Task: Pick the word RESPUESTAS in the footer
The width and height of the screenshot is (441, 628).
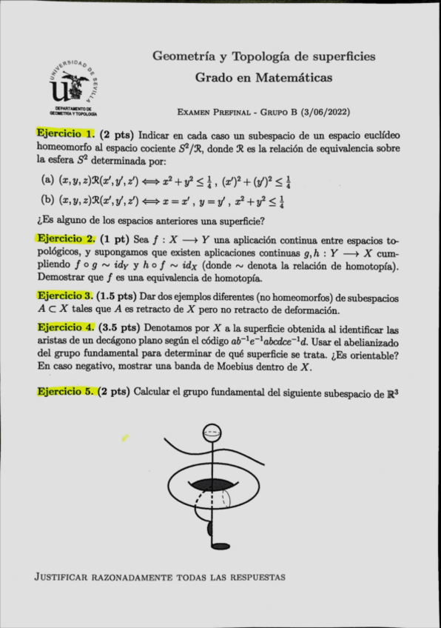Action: point(256,576)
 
